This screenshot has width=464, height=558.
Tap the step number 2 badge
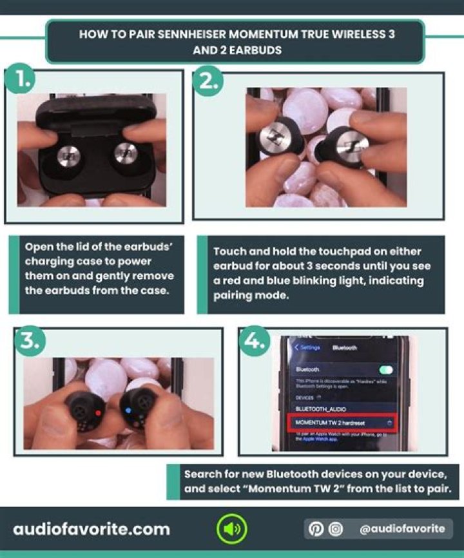[x=211, y=80]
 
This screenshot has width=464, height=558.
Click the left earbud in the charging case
[x=68, y=155]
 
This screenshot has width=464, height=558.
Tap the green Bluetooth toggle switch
[x=386, y=370]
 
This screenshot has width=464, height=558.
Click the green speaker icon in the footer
[x=231, y=530]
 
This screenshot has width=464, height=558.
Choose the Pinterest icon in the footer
[x=316, y=529]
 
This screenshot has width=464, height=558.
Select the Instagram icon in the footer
[x=335, y=529]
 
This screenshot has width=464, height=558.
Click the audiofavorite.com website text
[x=92, y=530]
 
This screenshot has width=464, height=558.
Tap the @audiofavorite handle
[x=402, y=529]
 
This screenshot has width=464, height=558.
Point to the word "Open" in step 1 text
[x=39, y=247]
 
